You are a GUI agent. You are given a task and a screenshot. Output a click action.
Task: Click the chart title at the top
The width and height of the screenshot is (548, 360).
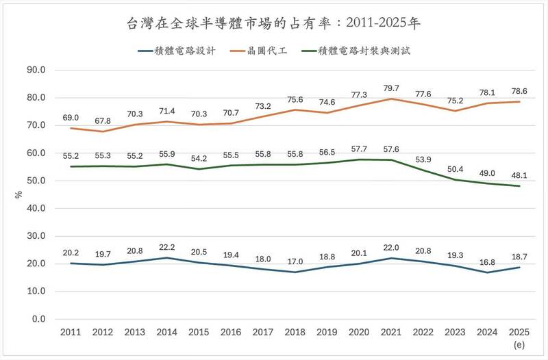[274, 24]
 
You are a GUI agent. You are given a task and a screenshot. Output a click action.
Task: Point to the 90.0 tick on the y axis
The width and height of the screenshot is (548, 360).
[36, 70]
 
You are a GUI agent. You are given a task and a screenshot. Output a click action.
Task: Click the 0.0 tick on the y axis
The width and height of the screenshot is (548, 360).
[38, 319]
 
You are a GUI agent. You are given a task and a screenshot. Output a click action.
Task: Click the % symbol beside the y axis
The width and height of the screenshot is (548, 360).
[18, 194]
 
